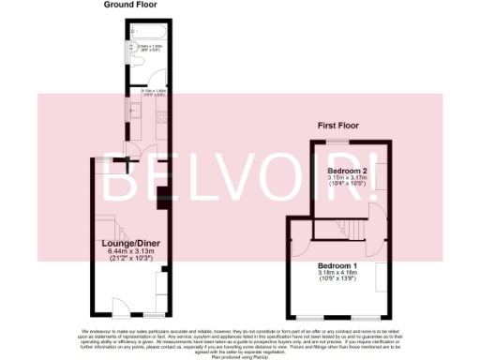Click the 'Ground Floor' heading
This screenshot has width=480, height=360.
click(x=130, y=6)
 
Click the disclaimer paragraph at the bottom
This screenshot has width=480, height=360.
click(x=240, y=337)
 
